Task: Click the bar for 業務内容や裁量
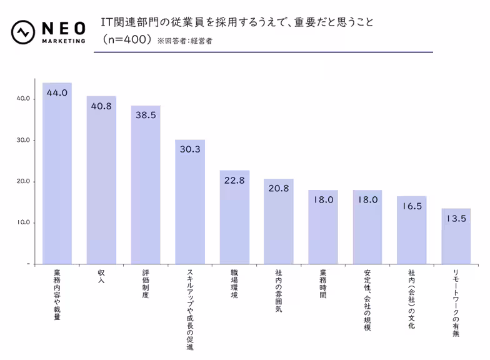(57, 175)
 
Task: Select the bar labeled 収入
(101, 181)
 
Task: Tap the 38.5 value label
(146, 116)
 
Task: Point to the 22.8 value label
(234, 181)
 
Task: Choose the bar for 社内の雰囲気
(279, 222)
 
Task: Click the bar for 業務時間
(323, 228)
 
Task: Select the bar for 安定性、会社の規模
(367, 228)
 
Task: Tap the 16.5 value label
(412, 206)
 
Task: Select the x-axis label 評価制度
(146, 284)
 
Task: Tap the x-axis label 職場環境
(234, 284)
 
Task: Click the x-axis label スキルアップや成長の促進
(190, 309)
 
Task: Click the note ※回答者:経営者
(185, 41)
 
